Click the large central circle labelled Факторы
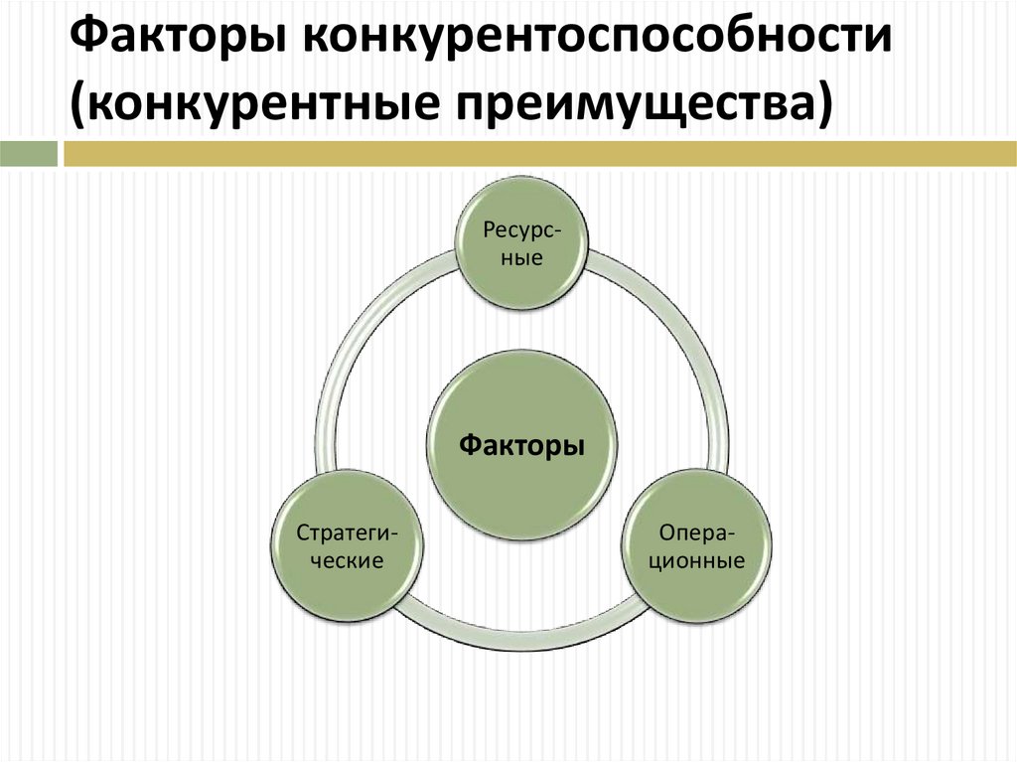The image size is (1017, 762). pos(521,446)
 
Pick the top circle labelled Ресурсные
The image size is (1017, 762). pos(521,244)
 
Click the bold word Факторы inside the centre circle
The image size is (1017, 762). pos(521,446)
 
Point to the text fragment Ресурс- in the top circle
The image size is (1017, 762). pos(521,229)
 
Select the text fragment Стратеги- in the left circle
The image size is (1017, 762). pos(348,533)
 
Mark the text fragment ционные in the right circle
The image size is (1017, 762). pos(697,561)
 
